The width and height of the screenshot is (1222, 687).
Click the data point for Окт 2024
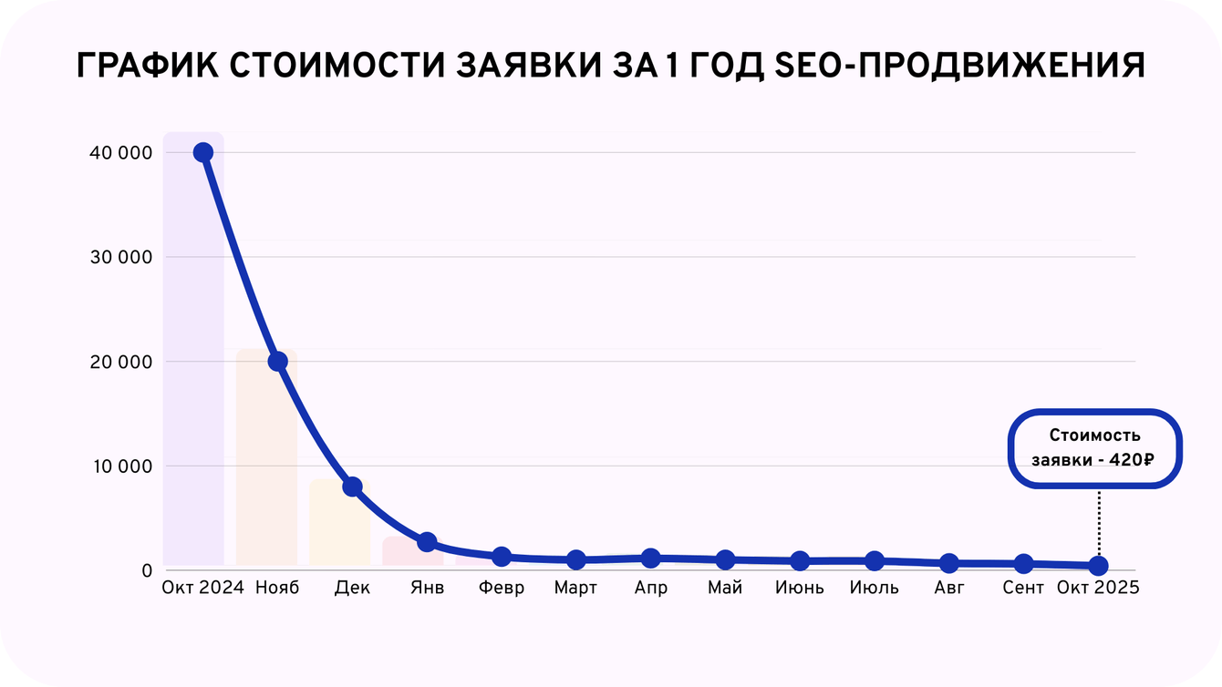202,152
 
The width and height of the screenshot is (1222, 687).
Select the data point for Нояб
277,362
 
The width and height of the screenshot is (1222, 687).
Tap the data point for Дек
352,487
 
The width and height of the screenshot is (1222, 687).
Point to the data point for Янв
427,542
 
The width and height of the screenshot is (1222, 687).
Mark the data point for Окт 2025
1098,566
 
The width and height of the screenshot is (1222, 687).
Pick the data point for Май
725,559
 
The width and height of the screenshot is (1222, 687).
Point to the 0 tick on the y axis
146,571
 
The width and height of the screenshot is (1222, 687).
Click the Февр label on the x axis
502,588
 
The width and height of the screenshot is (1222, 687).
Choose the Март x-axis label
575,588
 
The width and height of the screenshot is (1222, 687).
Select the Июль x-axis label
874,588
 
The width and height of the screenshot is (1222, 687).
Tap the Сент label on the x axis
1023,588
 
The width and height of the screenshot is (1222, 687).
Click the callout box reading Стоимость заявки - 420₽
1093,448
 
